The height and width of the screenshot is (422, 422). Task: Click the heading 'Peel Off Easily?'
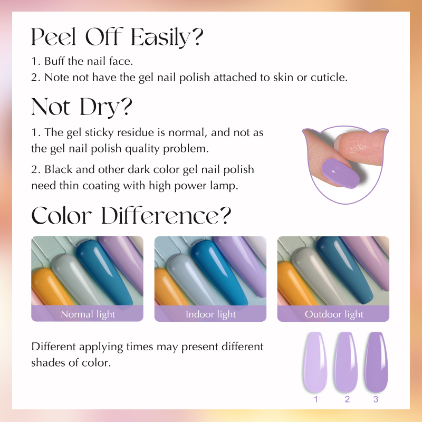pyautogui.click(x=117, y=37)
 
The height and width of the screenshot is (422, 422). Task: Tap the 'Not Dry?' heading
pyautogui.click(x=82, y=107)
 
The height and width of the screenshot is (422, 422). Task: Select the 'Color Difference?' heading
pyautogui.click(x=131, y=215)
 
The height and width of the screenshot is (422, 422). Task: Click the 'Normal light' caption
pyautogui.click(x=88, y=314)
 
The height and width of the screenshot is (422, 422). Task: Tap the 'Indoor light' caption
pyautogui.click(x=210, y=314)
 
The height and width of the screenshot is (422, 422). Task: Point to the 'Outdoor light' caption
pyautogui.click(x=334, y=314)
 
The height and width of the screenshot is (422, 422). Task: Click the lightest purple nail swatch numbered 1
pyautogui.click(x=315, y=362)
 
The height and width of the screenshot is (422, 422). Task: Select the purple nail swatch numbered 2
pyautogui.click(x=346, y=362)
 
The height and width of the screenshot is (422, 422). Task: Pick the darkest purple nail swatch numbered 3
pyautogui.click(x=377, y=362)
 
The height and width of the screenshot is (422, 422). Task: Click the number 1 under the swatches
pyautogui.click(x=316, y=399)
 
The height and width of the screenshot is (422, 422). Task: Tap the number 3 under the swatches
pyautogui.click(x=376, y=399)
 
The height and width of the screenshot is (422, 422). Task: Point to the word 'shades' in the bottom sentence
pyautogui.click(x=47, y=362)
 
